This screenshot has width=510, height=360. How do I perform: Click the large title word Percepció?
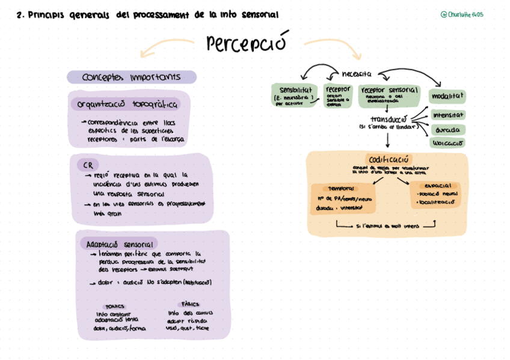click(245, 43)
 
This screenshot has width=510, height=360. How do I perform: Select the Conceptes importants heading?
click(131, 77)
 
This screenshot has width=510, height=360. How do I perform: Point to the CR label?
click(87, 165)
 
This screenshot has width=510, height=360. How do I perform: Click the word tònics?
click(115, 306)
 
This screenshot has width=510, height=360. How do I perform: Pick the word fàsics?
click(190, 304)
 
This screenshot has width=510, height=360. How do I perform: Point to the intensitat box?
click(448, 115)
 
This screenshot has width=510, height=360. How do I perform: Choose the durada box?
click(448, 130)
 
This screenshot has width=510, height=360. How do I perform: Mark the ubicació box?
click(448, 143)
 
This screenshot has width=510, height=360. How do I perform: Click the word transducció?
click(388, 119)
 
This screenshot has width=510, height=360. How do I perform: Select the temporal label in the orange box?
click(341, 188)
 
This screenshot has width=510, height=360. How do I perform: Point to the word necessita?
click(356, 74)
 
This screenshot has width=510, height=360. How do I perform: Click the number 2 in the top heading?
click(20, 15)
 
